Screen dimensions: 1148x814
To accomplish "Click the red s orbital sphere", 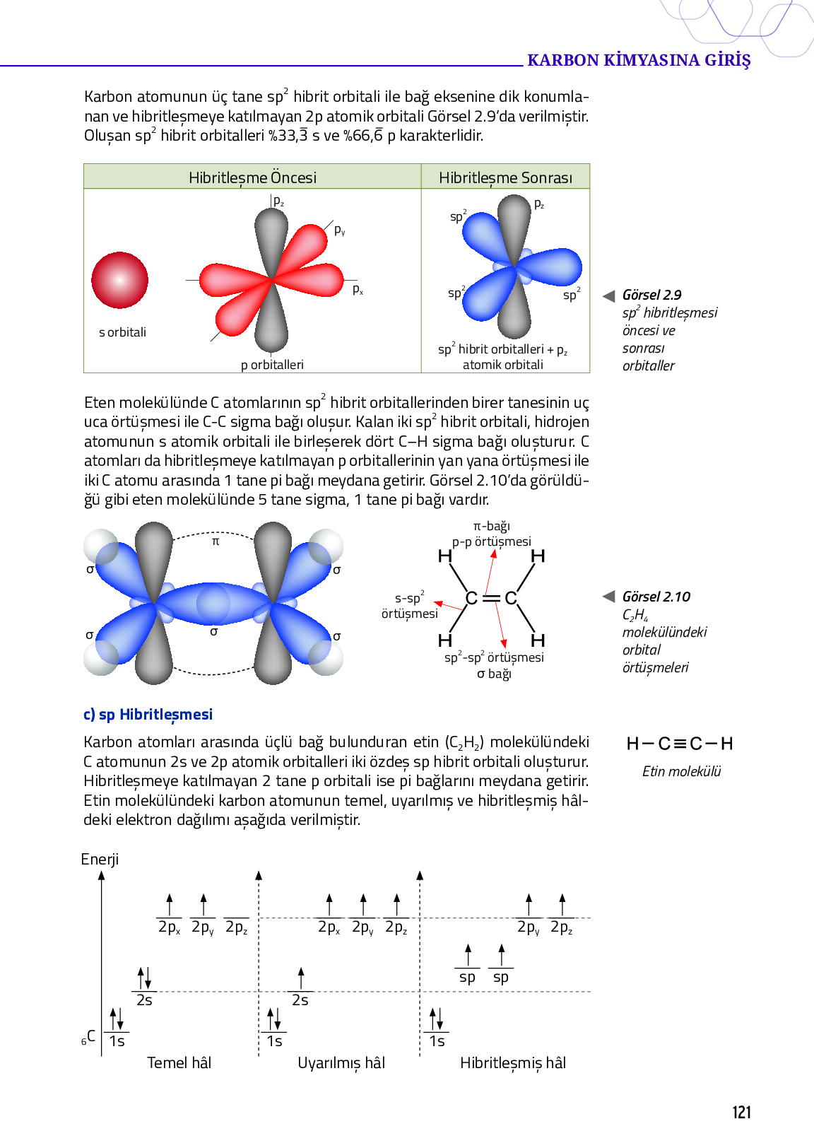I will (x=119, y=280).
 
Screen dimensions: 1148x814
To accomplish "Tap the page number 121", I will (x=741, y=1113).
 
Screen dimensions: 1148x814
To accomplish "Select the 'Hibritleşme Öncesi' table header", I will (x=252, y=177).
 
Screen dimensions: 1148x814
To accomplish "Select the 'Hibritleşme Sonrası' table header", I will (x=505, y=177).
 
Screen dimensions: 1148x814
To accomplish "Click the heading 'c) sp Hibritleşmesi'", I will (x=148, y=715).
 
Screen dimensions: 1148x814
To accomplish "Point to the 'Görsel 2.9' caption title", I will (x=651, y=295).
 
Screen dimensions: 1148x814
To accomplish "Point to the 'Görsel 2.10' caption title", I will (x=656, y=597).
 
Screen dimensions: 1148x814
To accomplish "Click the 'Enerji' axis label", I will (x=100, y=859).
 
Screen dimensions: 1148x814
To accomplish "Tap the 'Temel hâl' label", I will (x=179, y=1062).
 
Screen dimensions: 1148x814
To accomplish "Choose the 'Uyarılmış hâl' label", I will (x=341, y=1062).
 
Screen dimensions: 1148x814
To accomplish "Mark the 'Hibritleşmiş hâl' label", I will (x=512, y=1062).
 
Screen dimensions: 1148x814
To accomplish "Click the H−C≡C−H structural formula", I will (x=680, y=744).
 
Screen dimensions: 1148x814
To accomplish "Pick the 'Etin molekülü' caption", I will (x=681, y=771).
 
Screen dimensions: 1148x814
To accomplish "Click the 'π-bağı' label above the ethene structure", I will (x=492, y=526).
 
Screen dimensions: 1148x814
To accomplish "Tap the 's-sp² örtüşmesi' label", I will (x=410, y=606).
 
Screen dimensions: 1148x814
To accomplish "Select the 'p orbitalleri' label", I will (x=272, y=365).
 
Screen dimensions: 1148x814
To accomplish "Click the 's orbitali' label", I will (x=122, y=332).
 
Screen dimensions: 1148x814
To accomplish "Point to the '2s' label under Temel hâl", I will (x=144, y=1000).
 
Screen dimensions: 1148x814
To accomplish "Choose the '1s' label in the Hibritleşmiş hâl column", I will (x=437, y=1041).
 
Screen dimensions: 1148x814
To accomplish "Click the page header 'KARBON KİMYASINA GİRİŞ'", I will (x=639, y=60).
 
